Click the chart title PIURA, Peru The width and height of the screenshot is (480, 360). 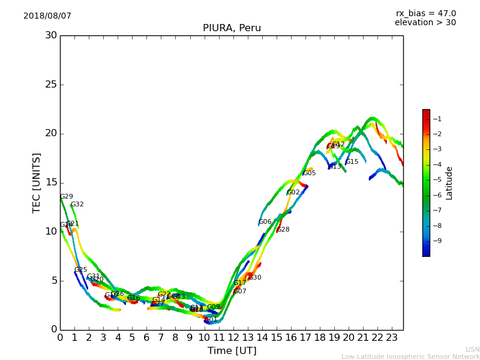coord(232,28)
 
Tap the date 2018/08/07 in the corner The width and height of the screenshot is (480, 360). coord(47,16)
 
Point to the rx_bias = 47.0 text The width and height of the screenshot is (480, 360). coord(425,13)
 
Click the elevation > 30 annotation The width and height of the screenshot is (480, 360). coord(425,23)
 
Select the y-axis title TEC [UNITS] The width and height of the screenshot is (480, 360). coord(37,182)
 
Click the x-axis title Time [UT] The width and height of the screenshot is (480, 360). coord(232,351)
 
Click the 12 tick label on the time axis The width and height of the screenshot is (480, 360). coord(233,337)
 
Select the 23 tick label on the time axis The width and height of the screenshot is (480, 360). coord(392,337)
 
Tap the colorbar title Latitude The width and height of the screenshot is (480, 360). coord(449,183)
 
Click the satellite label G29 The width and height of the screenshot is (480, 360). coord(66,197)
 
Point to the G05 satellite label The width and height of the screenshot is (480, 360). coord(309,173)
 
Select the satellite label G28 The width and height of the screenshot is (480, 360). coord(283,230)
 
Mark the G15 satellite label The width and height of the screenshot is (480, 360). coord(352,162)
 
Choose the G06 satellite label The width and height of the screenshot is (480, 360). coord(265,222)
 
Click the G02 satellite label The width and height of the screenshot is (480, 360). coord(293,193)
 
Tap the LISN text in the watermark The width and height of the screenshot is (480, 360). coord(472,349)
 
